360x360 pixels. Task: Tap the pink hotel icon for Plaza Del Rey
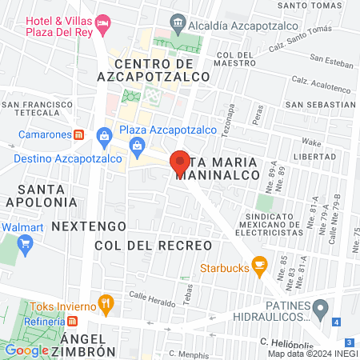point(102,24)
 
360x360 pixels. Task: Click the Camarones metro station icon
point(78,134)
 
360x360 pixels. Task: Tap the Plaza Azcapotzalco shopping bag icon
point(138,146)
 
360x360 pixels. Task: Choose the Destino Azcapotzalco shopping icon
point(103,138)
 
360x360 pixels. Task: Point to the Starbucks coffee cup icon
point(258,265)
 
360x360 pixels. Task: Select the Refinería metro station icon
point(73,321)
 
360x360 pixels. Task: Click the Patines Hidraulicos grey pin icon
point(321,307)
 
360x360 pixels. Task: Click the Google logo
point(26,350)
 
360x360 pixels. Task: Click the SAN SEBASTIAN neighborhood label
point(320,104)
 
